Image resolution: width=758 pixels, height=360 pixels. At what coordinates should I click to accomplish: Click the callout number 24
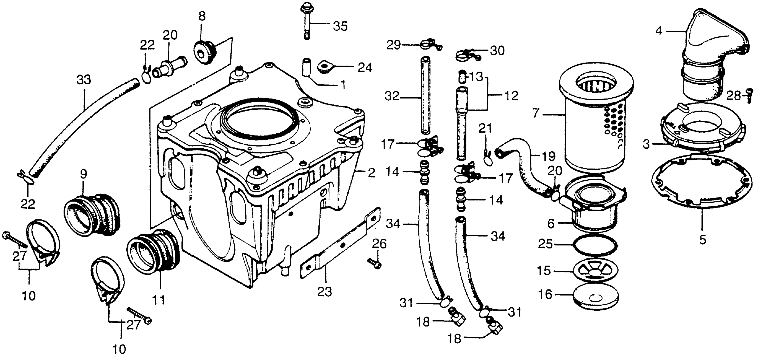tap(365, 68)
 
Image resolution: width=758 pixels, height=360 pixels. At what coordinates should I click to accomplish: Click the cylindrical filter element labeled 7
tap(594, 124)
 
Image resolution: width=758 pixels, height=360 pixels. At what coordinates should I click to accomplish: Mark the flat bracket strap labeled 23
tap(340, 244)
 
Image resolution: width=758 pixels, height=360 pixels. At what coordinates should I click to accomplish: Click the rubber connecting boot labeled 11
tap(155, 253)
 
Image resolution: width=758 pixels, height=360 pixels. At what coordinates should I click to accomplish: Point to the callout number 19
tap(548, 156)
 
